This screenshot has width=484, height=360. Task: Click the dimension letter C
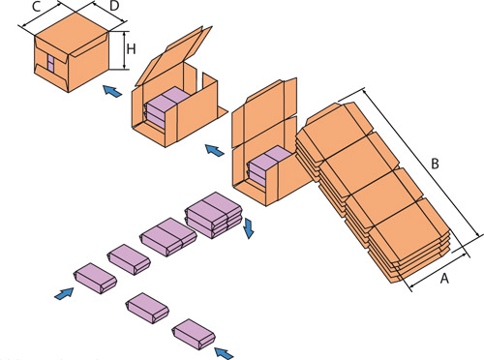pos(37,7)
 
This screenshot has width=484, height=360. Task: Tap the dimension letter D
pos(114,7)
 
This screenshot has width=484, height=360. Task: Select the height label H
pos(131,49)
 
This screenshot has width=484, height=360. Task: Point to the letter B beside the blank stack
pos(435,164)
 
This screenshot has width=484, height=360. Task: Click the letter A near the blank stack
pos(444,279)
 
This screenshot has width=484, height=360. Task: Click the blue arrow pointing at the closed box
pos(112,91)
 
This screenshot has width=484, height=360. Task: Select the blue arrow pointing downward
pos(249,228)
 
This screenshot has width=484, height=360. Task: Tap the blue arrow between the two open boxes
pos(215,150)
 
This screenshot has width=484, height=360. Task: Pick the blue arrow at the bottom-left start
pos(64,293)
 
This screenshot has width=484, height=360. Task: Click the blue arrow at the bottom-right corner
pos(224,352)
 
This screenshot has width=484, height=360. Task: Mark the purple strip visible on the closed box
pos(51,62)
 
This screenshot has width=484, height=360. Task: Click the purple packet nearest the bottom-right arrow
pos(194,335)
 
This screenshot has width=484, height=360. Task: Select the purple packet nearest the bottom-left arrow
pos(95,278)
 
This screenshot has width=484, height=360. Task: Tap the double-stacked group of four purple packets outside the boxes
pos(213,215)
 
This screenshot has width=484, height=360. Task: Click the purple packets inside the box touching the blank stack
pos(269,166)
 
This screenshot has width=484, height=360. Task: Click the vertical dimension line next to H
pos(124,50)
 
